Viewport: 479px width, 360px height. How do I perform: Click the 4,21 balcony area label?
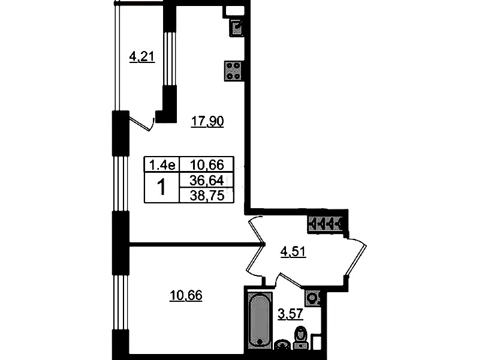click(x=142, y=57)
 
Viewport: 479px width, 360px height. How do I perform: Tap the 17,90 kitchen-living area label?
click(x=207, y=121)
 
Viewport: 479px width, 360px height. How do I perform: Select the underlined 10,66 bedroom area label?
click(x=186, y=295)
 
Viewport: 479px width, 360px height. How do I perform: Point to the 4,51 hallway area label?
click(x=293, y=252)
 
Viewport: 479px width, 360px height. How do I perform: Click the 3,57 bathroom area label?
click(x=290, y=314)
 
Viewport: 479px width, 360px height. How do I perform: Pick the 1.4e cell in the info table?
click(x=162, y=165)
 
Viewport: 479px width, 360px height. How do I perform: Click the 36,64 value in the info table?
click(x=207, y=181)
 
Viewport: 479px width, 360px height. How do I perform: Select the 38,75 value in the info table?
click(x=207, y=195)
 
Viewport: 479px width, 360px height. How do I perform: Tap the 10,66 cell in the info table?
click(x=207, y=165)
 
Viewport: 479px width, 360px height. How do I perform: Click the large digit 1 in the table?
click(x=161, y=187)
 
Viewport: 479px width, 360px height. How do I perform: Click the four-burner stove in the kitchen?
click(x=234, y=71)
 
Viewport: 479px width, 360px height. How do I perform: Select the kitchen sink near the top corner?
click(x=236, y=28)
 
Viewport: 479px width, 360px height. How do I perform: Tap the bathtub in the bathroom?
click(x=260, y=320)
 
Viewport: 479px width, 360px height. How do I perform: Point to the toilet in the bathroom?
click(x=301, y=338)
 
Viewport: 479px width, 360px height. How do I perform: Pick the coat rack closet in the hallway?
click(x=326, y=225)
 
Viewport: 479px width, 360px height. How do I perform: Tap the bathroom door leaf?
click(x=290, y=280)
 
